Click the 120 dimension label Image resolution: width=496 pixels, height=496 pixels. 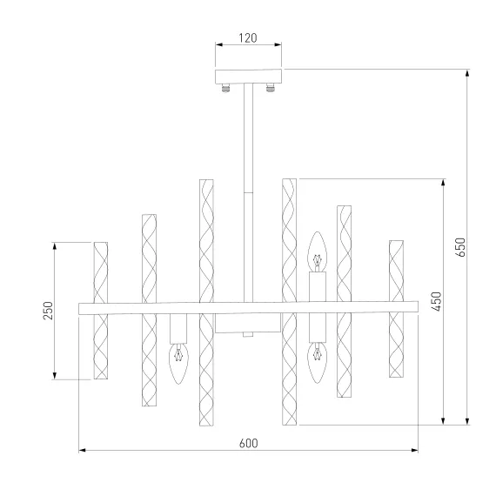(x=248, y=38)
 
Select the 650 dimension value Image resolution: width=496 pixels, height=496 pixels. (x=461, y=247)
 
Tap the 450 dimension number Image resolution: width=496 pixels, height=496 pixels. (x=437, y=301)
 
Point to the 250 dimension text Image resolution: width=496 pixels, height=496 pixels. (x=48, y=311)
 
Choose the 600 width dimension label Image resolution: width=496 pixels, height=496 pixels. (x=248, y=443)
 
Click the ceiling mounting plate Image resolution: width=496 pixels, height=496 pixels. (x=248, y=77)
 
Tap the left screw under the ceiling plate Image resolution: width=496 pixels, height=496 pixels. (x=225, y=88)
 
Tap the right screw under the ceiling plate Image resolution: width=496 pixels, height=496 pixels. (x=270, y=88)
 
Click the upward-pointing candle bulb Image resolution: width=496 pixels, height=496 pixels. (x=318, y=251)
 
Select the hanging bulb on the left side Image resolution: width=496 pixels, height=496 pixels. (x=178, y=364)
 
